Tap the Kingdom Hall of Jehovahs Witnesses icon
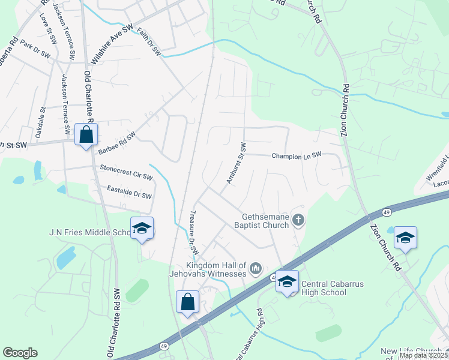256,267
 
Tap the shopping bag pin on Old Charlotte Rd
86,136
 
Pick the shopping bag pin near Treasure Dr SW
187,302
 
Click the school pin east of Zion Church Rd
405,238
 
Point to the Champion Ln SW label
297,155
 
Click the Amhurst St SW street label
237,163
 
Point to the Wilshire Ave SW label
111,45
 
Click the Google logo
19,353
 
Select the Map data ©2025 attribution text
424,355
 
